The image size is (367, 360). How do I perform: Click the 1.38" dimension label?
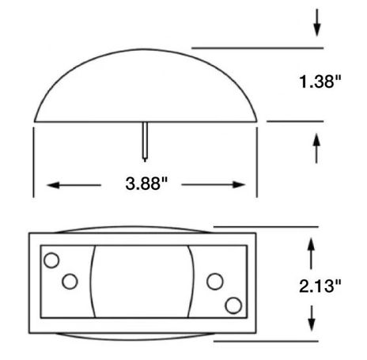coord(320,81)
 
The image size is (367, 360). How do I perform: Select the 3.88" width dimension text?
coord(146,184)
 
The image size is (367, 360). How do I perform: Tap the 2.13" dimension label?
coord(320,286)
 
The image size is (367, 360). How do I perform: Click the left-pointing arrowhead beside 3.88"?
coord(53,185)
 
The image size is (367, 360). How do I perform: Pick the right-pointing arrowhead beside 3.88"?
coord(239,185)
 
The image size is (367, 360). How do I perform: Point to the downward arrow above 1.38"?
coord(317,23)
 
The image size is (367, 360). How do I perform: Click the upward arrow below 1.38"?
coord(316,149)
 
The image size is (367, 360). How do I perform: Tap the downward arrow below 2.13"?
coord(312,318)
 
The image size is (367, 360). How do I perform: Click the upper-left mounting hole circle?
coord(51,260)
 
